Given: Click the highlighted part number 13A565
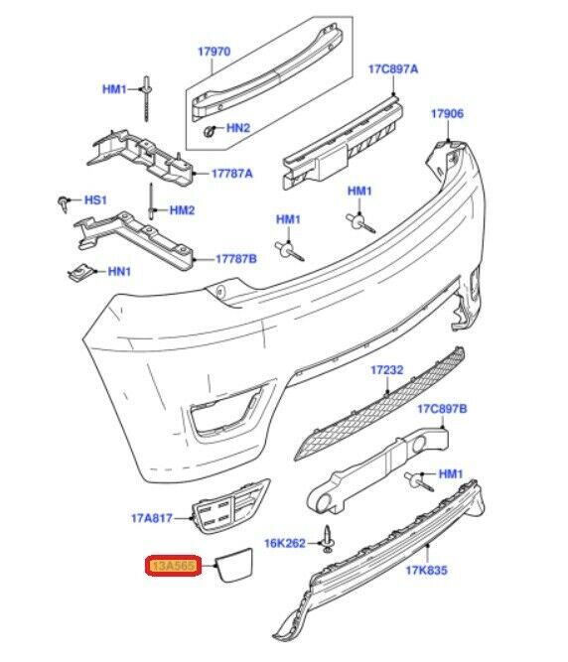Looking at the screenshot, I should tap(175, 566).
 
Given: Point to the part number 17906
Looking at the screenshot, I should tap(446, 114).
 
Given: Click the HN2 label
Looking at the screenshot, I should tap(238, 128).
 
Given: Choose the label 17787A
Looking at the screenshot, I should tap(231, 174).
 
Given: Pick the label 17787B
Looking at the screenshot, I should tap(235, 259).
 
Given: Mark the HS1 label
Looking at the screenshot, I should tap(95, 199).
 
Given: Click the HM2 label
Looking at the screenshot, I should tap(182, 210).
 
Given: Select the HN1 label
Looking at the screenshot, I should tap(119, 270).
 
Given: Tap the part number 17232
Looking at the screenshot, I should tap(386, 369).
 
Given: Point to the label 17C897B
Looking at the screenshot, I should tap(442, 408).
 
